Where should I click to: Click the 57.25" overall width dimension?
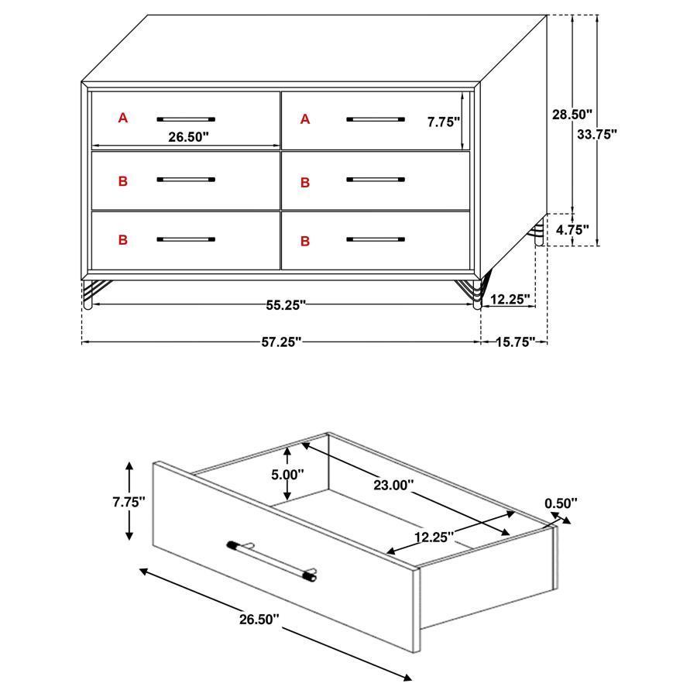tap(280, 342)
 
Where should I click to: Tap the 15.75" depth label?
tap(515, 342)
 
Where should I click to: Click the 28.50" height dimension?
tap(572, 114)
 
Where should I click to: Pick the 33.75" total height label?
tap(597, 133)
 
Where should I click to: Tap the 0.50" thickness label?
tap(561, 503)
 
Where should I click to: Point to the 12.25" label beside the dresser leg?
tap(510, 298)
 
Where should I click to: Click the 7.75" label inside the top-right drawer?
tap(444, 121)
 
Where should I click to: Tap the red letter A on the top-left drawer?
tap(122, 118)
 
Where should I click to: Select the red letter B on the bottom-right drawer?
tap(305, 242)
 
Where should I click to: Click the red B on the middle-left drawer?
tap(122, 181)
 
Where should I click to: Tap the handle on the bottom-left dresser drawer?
tap(186, 239)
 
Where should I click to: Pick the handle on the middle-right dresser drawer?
tap(376, 180)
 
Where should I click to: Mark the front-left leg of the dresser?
tap(87, 294)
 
